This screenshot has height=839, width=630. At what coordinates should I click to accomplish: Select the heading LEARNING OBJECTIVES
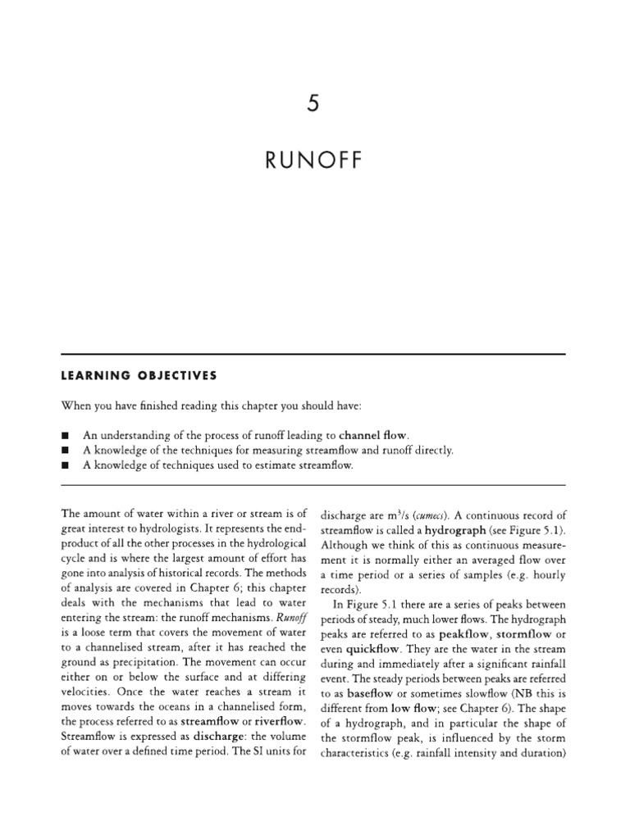[139, 375]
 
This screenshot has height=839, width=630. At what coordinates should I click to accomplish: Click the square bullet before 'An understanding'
[66, 435]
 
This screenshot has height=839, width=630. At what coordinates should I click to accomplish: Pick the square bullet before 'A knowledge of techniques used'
[66, 465]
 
